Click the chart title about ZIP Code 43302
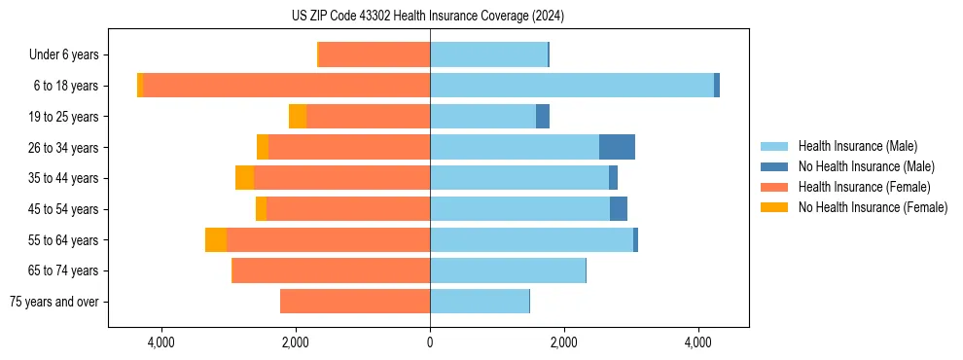428,17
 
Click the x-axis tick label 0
430,342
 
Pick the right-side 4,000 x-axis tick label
697,342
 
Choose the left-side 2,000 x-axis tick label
295,342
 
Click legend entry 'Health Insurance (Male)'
857,146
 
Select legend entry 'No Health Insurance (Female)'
873,207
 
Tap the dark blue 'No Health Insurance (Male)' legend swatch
775,166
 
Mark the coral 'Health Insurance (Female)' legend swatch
775,187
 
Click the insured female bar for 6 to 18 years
287,86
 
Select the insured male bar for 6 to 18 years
572,86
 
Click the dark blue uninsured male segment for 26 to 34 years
617,147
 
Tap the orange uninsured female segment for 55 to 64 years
216,239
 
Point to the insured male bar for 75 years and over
480,302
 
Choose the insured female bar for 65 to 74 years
332,270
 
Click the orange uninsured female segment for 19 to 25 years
298,117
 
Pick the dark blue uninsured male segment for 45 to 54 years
619,209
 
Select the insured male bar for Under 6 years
488,55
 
